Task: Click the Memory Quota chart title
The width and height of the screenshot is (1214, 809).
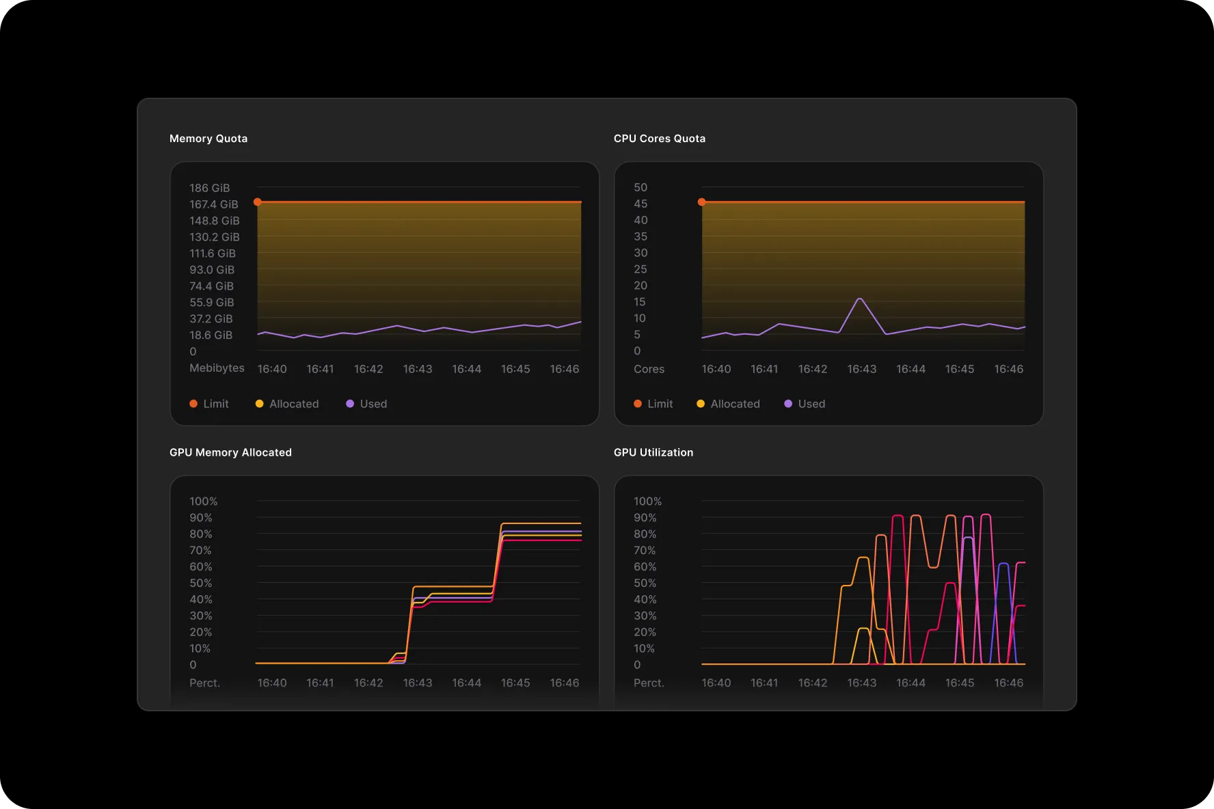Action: click(x=208, y=139)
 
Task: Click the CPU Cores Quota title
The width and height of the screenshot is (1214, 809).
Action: click(x=659, y=139)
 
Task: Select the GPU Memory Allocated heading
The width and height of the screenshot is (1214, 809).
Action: click(x=230, y=452)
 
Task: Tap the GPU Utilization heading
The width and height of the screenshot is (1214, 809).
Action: click(x=653, y=452)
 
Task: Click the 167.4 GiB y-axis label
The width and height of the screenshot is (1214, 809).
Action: click(x=214, y=204)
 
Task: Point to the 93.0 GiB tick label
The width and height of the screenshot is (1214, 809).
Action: click(x=212, y=270)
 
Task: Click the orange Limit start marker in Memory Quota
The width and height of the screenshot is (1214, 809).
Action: click(x=258, y=202)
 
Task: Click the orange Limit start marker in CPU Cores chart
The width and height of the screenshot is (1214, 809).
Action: click(x=701, y=202)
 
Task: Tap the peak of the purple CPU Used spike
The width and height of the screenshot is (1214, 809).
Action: click(x=860, y=299)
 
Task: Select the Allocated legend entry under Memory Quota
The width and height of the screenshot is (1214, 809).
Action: click(x=287, y=404)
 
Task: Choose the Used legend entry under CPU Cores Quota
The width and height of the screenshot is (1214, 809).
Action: click(x=805, y=404)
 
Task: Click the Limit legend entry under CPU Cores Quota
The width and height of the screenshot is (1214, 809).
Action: click(x=653, y=404)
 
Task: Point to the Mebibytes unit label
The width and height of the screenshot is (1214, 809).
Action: click(x=217, y=368)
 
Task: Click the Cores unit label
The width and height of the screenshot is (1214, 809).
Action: click(x=649, y=369)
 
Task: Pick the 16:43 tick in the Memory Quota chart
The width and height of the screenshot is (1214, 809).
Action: click(x=417, y=369)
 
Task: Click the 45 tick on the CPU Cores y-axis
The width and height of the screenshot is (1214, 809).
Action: click(x=640, y=204)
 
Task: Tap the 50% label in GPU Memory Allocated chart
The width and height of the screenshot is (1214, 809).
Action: click(x=200, y=583)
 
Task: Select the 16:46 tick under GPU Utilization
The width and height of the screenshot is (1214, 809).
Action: click(x=1008, y=683)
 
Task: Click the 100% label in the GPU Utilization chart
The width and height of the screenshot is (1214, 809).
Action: click(x=647, y=502)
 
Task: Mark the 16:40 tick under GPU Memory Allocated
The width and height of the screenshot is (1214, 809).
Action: click(x=271, y=683)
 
